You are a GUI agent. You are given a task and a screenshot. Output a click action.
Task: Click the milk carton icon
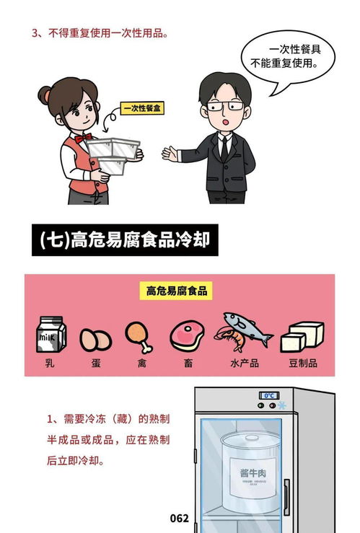(51, 335)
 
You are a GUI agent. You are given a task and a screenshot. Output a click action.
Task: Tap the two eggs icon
(95, 338)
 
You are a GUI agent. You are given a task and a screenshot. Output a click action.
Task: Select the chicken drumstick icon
(138, 335)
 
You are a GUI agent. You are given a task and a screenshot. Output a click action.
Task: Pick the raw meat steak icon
(186, 335)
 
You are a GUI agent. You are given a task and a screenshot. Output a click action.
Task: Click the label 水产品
(244, 363)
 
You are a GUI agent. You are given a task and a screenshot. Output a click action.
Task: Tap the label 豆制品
(302, 363)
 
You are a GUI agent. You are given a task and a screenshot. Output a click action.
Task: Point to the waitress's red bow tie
(82, 137)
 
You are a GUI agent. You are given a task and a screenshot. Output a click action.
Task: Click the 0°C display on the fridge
(270, 396)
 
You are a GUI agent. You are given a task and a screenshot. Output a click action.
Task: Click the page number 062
(179, 518)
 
